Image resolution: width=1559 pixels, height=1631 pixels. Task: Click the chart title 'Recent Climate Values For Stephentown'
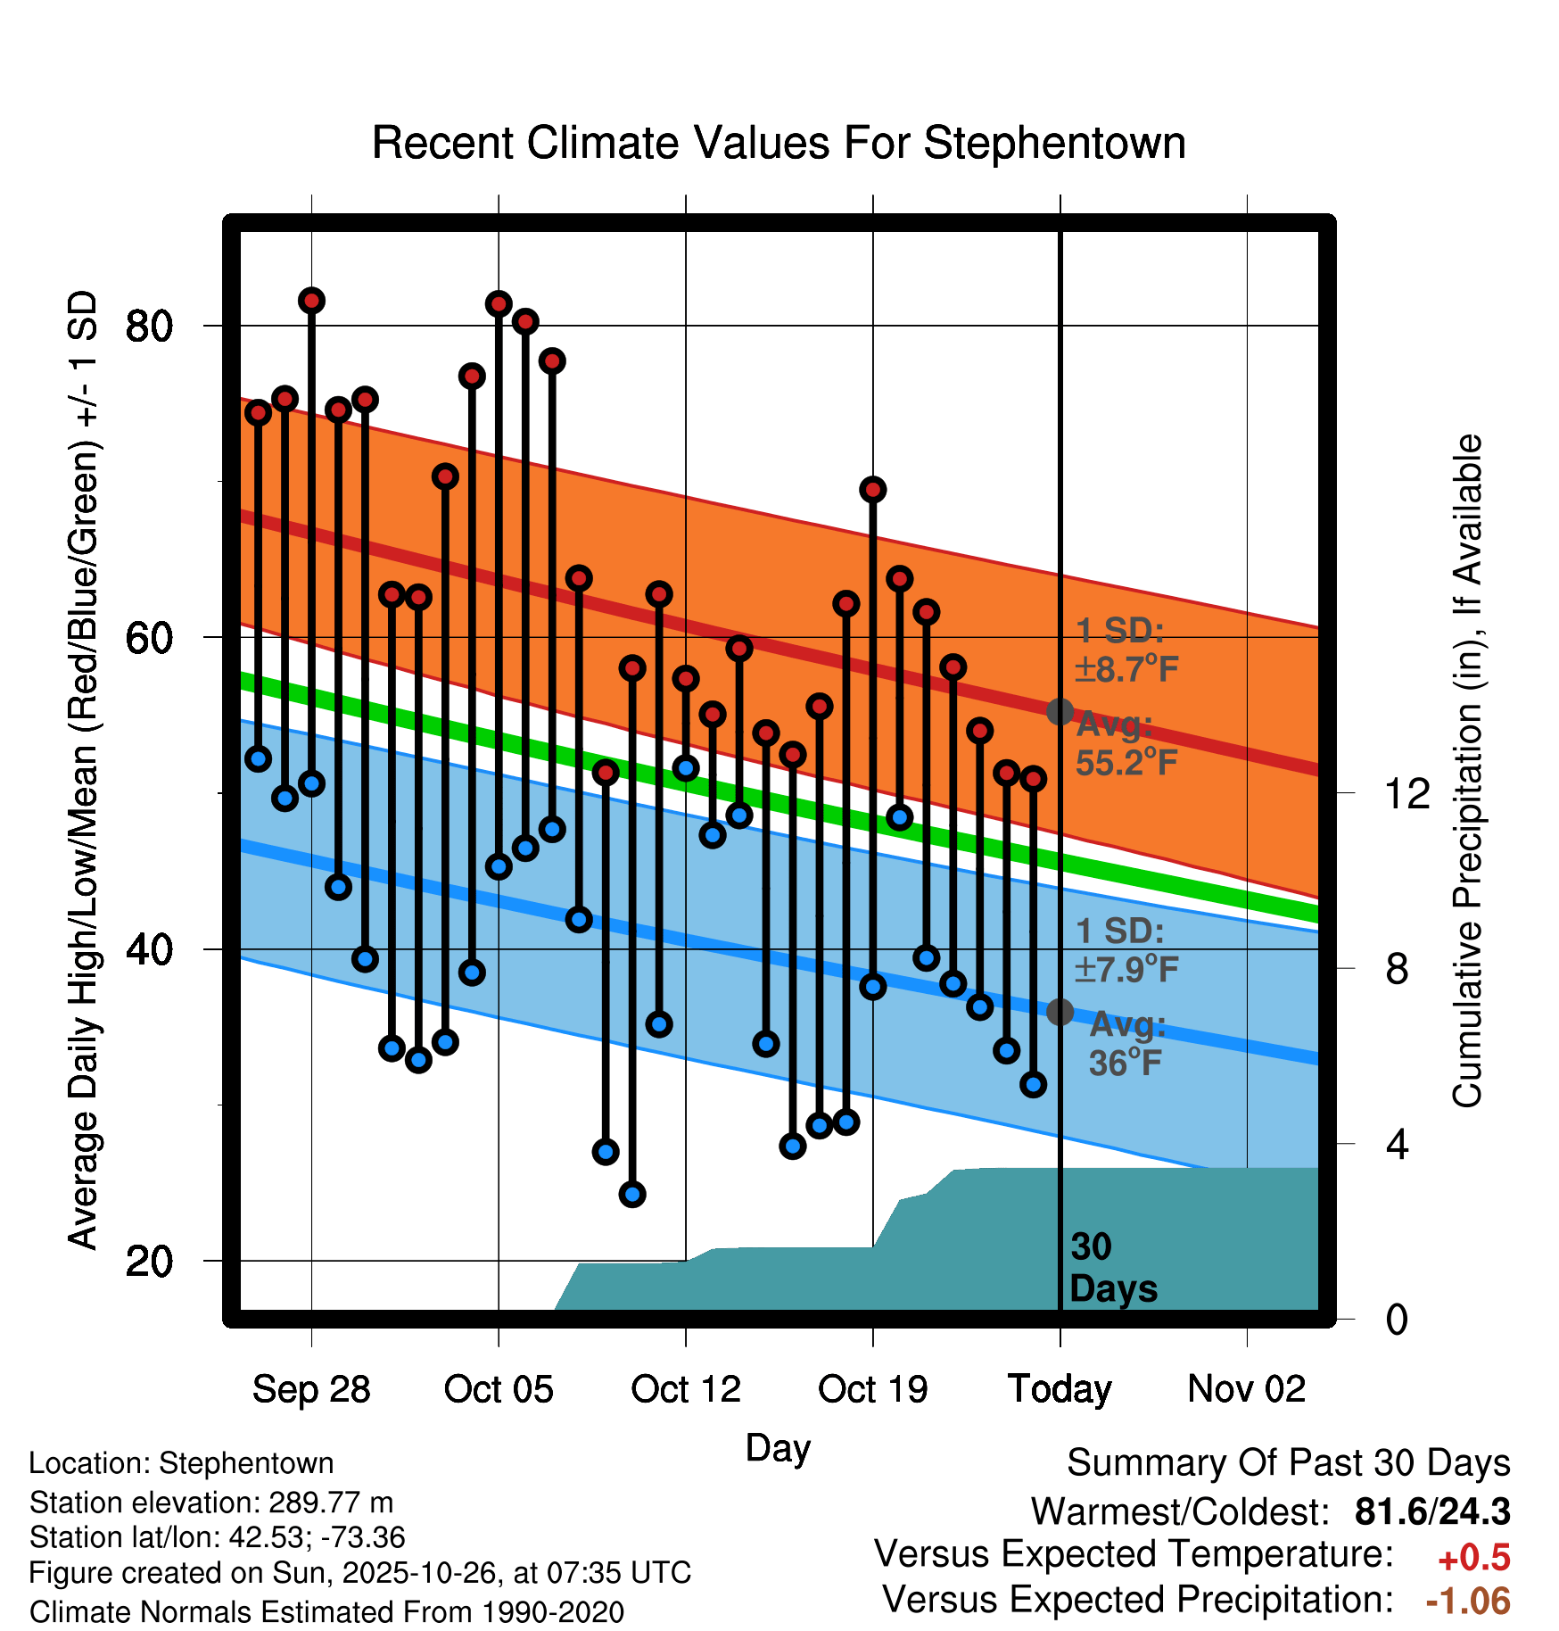(x=779, y=143)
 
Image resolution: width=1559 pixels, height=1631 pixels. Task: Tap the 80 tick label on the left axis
(x=150, y=327)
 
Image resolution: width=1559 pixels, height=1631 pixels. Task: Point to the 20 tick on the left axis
(x=150, y=1262)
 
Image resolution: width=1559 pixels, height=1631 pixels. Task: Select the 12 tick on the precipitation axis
(x=1407, y=793)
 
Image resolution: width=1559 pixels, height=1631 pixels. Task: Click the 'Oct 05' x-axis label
(x=499, y=1389)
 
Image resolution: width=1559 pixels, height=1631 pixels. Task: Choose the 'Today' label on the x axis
(x=1060, y=1389)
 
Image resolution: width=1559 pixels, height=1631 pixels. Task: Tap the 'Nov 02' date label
(x=1247, y=1389)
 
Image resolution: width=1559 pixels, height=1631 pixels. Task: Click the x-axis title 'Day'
(x=778, y=1447)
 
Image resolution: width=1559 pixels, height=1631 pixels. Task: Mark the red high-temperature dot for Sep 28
(x=311, y=301)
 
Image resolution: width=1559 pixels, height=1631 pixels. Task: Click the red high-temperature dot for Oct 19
(x=873, y=489)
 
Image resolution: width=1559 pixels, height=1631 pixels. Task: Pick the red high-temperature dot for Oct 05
(x=499, y=304)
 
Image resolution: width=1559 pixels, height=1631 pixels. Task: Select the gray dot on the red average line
(x=1060, y=711)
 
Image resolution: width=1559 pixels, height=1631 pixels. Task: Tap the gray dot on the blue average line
(x=1060, y=1012)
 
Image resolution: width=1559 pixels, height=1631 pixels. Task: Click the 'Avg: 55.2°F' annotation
(x=1126, y=744)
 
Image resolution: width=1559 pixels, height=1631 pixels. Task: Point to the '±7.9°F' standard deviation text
(x=1126, y=969)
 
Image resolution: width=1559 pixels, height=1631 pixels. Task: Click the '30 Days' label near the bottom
(x=1112, y=1268)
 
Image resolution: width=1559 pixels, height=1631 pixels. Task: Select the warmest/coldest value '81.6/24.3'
(x=1432, y=1511)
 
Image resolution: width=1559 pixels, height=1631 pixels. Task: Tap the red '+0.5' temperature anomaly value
(x=1474, y=1558)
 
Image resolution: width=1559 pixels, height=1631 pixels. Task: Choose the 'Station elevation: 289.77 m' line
(x=211, y=1503)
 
